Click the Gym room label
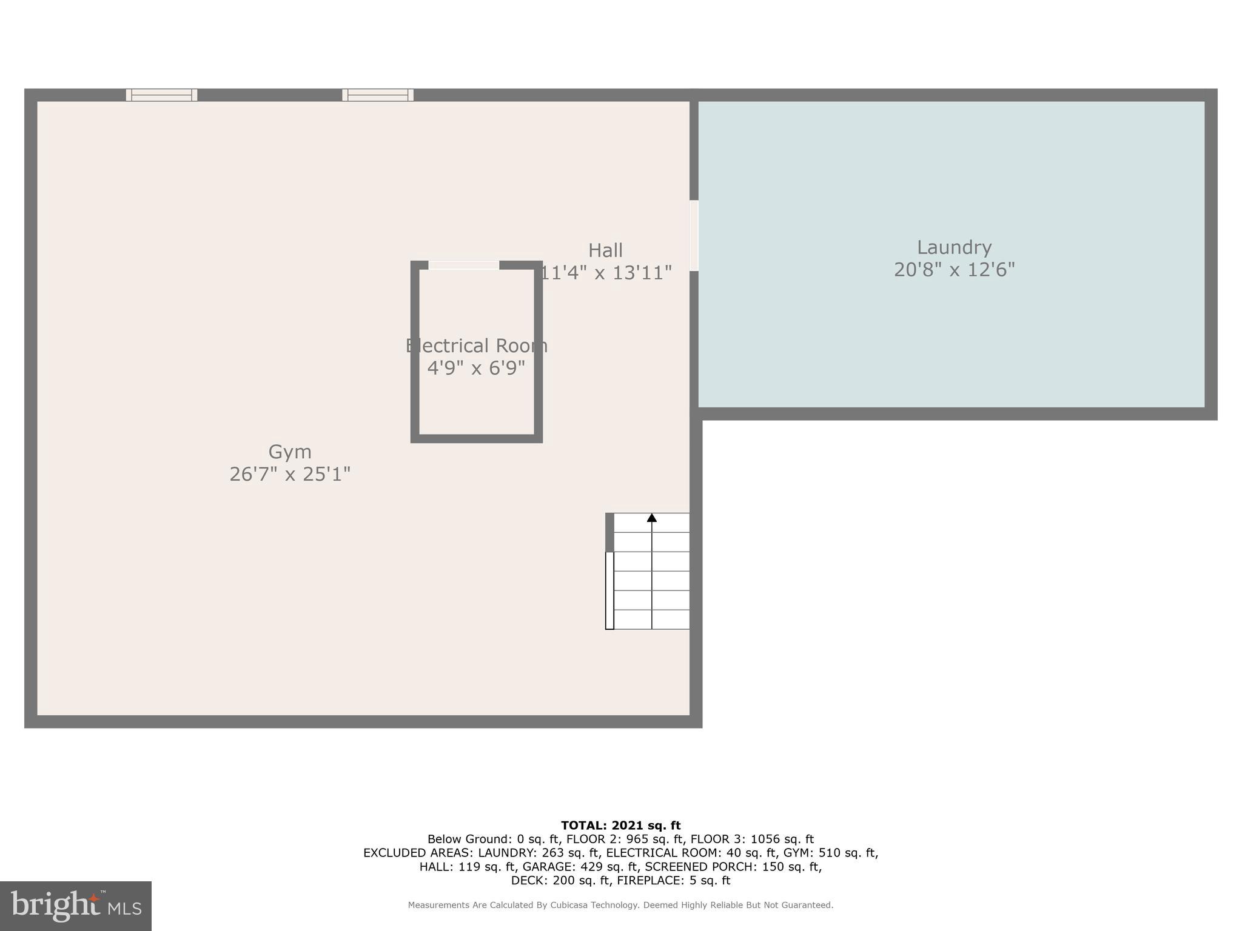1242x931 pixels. click(x=290, y=452)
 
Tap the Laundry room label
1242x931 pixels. click(x=954, y=247)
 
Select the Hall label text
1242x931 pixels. click(x=605, y=250)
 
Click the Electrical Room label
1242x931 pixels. click(x=476, y=346)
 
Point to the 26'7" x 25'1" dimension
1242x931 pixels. click(x=290, y=474)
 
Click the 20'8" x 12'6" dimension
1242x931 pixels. click(x=954, y=270)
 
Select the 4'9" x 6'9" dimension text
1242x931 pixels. click(x=476, y=368)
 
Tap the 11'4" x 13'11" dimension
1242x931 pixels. click(x=605, y=273)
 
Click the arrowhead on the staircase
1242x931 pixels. click(x=652, y=518)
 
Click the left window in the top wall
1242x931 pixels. click(x=161, y=95)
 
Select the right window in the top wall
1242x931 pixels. click(x=378, y=95)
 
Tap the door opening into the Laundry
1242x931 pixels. click(x=694, y=235)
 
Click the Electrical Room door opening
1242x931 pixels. click(x=464, y=265)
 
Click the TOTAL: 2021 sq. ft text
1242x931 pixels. click(x=620, y=826)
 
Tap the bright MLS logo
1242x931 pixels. click(x=76, y=906)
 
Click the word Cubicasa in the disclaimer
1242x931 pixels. click(x=574, y=906)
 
